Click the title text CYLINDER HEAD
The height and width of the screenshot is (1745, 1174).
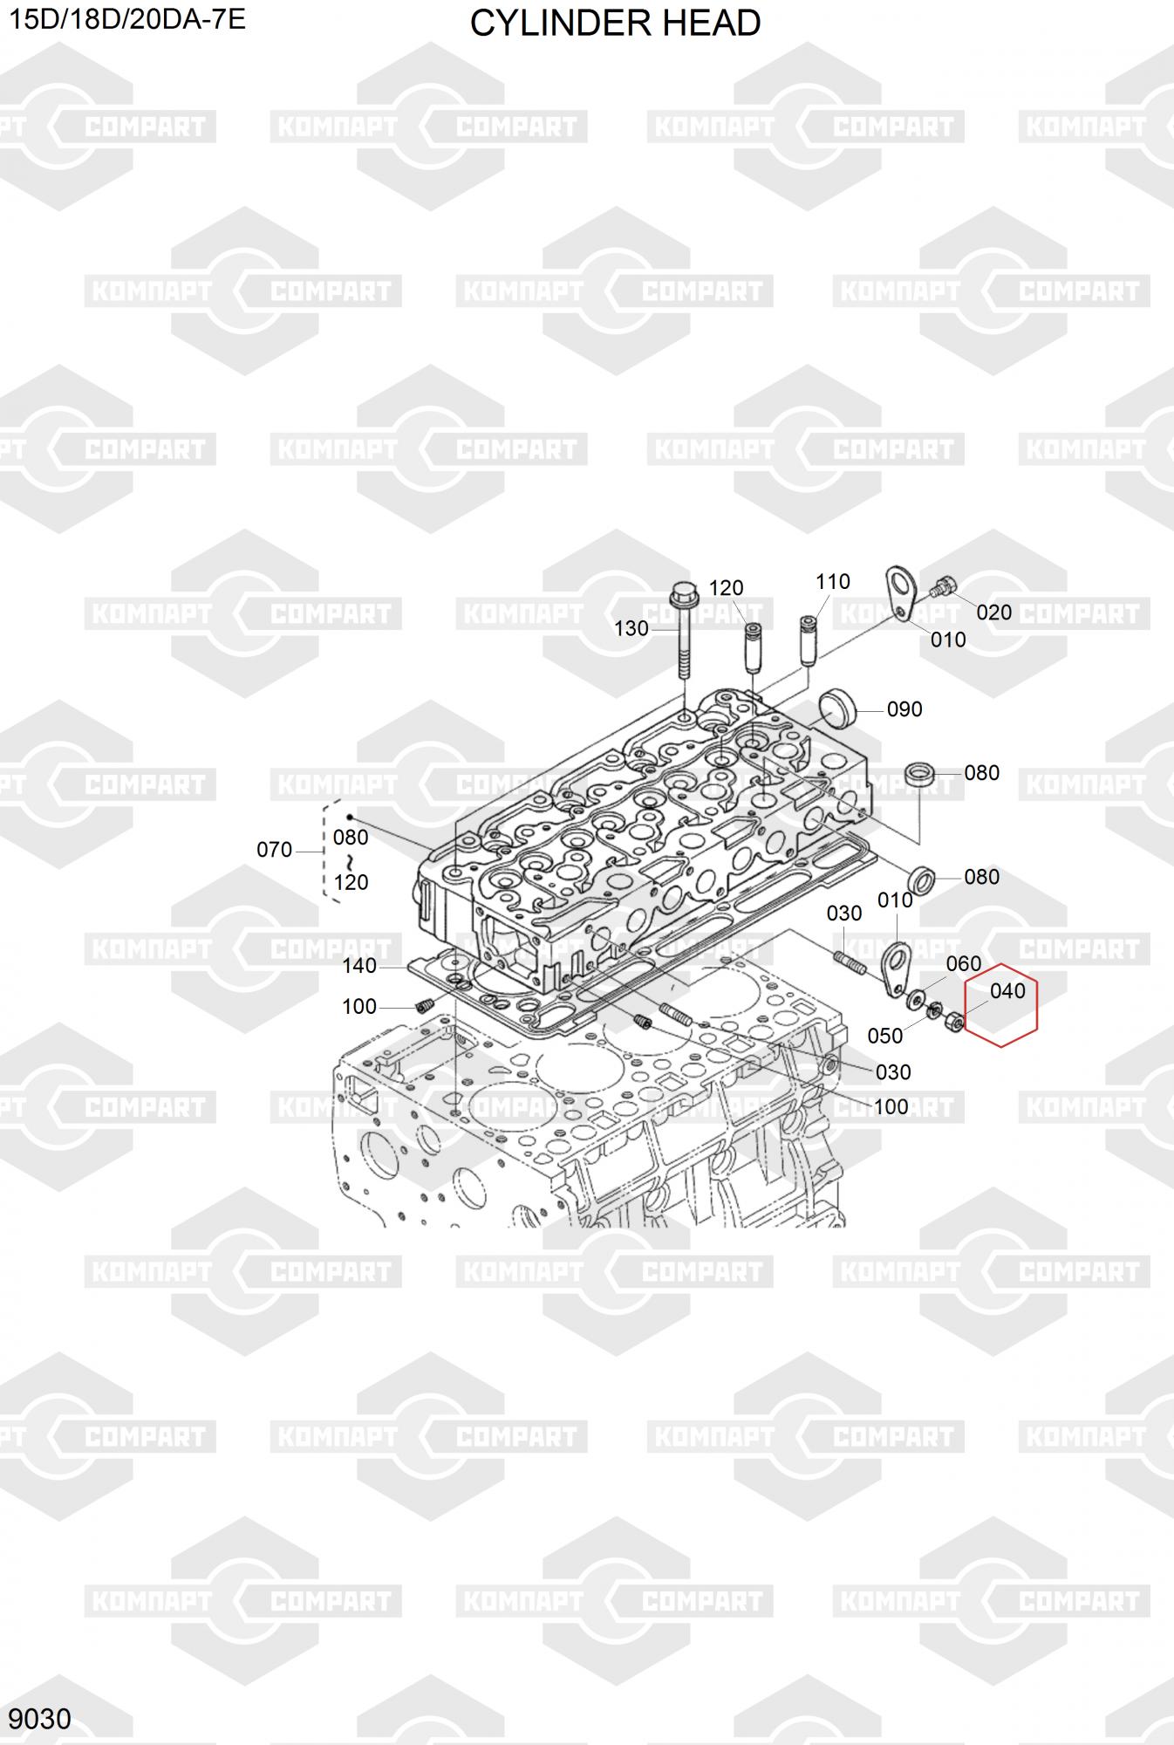(615, 24)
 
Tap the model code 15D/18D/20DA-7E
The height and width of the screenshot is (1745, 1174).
(127, 19)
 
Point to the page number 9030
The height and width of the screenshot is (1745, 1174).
(41, 1719)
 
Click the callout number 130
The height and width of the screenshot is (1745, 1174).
(631, 628)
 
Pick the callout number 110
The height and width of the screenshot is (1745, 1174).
(832, 582)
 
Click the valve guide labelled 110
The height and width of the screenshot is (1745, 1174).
(808, 640)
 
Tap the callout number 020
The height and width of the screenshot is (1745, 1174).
(993, 612)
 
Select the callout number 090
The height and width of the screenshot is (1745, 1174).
(904, 709)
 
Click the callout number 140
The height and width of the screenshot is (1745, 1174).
(359, 966)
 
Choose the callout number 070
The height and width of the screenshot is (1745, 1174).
(274, 850)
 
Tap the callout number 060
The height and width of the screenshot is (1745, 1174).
(964, 964)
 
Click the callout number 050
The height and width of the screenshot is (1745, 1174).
(884, 1036)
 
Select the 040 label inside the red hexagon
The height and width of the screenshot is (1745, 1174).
(1007, 991)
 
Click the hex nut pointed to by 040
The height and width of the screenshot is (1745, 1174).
(954, 1021)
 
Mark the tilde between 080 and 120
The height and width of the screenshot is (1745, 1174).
(350, 860)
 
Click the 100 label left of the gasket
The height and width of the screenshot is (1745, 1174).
(358, 1007)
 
